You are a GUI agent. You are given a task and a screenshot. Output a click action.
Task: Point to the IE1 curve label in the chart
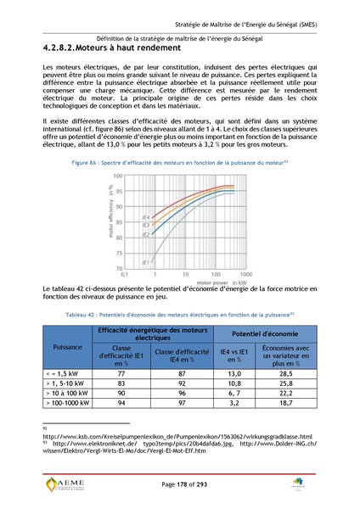pyautogui.click(x=145, y=261)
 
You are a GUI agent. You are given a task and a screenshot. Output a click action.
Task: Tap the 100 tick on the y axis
pyautogui.click(x=118, y=176)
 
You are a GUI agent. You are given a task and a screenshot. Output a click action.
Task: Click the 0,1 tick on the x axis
pyautogui.click(x=125, y=274)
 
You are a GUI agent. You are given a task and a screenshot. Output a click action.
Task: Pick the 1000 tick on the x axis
pyautogui.click(x=243, y=274)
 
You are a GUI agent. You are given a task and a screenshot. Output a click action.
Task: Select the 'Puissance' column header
pyautogui.click(x=67, y=347)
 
